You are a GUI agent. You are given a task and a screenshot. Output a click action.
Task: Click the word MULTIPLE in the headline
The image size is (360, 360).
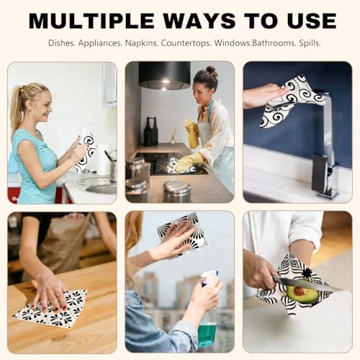tap(91, 21)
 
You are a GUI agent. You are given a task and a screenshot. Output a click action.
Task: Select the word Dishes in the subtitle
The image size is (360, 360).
tap(62, 43)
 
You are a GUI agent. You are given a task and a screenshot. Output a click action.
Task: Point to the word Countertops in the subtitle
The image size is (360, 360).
tap(186, 43)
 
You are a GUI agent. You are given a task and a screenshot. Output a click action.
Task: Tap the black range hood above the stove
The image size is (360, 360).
tap(165, 75)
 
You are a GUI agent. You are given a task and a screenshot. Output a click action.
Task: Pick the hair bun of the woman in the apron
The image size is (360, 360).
tap(211, 71)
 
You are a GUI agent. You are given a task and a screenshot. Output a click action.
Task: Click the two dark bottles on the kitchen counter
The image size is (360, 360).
tap(151, 131)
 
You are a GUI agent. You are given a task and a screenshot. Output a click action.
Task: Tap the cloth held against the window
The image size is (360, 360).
tap(181, 234)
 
